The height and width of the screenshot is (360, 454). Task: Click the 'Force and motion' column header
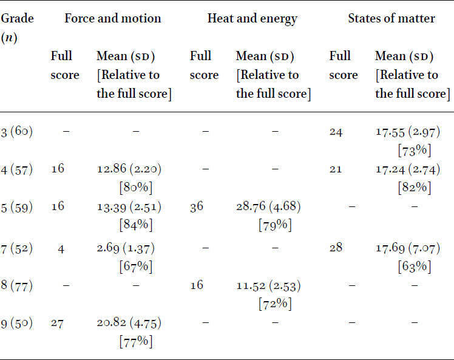point(113,19)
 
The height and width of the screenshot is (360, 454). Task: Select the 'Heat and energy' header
point(252,19)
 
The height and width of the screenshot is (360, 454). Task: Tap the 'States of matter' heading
point(391,19)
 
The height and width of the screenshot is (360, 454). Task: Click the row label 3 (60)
point(17,132)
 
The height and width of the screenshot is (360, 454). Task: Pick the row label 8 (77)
point(17,285)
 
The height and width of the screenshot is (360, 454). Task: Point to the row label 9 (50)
point(17,323)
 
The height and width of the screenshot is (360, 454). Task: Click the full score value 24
point(336,132)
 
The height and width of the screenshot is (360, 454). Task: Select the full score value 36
point(197,207)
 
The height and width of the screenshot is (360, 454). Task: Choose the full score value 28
point(336,248)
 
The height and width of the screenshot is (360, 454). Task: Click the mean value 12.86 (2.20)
point(129,169)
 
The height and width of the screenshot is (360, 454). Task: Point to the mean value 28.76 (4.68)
point(268,206)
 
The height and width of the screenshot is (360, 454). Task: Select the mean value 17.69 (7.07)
point(408,248)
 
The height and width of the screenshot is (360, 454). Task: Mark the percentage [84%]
point(136,225)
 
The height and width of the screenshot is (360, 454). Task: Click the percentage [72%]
point(275,304)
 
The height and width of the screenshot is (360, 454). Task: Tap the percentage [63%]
point(415,267)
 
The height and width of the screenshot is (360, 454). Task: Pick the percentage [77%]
point(136,342)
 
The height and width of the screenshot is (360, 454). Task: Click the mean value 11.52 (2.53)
point(268,286)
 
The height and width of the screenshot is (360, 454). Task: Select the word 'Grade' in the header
point(17,19)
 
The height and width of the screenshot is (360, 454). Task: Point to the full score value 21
point(336,169)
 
